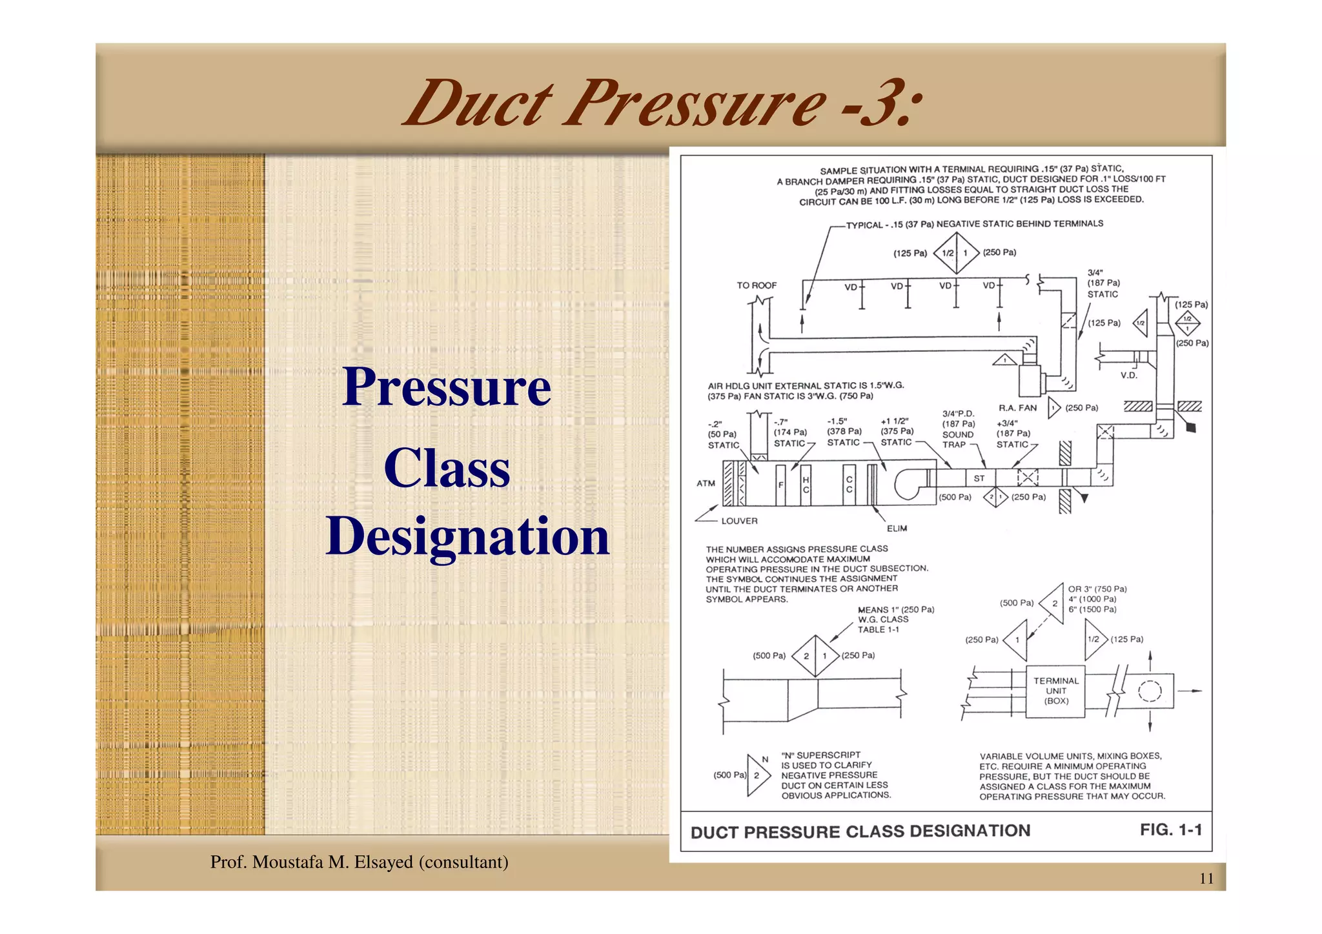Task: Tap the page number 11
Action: (1206, 878)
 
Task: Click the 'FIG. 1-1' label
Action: (1170, 829)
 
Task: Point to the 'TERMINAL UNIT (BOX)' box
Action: (1055, 691)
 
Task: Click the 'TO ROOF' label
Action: (757, 285)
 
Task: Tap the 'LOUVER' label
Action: (739, 521)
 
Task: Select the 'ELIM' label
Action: (897, 529)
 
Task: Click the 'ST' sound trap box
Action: (979, 478)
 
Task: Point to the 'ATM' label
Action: (706, 483)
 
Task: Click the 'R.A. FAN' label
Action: (1017, 408)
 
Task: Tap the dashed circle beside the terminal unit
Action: (1149, 691)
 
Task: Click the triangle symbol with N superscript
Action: (758, 775)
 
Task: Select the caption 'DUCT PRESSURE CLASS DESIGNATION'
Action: (860, 831)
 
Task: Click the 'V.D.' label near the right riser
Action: (1128, 376)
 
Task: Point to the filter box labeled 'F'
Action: (780, 485)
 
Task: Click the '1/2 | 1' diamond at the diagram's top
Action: (956, 253)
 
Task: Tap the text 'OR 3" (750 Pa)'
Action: (1097, 589)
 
